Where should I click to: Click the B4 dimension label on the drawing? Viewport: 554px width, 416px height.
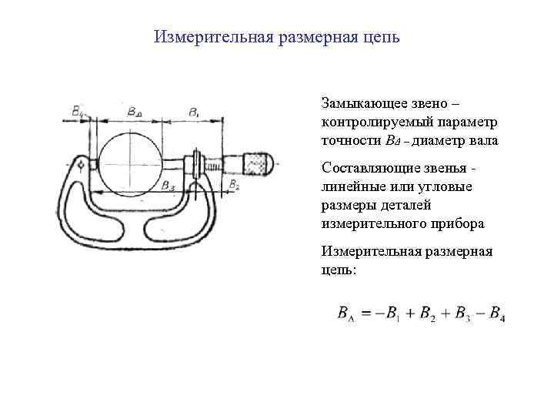click(x=79, y=111)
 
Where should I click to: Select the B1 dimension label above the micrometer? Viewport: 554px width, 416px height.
click(x=193, y=111)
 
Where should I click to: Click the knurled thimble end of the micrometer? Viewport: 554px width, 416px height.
click(x=257, y=163)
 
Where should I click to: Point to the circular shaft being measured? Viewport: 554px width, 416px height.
click(x=129, y=163)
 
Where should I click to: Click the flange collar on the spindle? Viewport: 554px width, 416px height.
click(x=197, y=163)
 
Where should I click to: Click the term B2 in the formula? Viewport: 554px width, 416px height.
click(x=428, y=314)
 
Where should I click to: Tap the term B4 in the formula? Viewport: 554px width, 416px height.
click(x=496, y=314)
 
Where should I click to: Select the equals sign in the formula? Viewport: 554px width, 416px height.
click(x=367, y=314)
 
